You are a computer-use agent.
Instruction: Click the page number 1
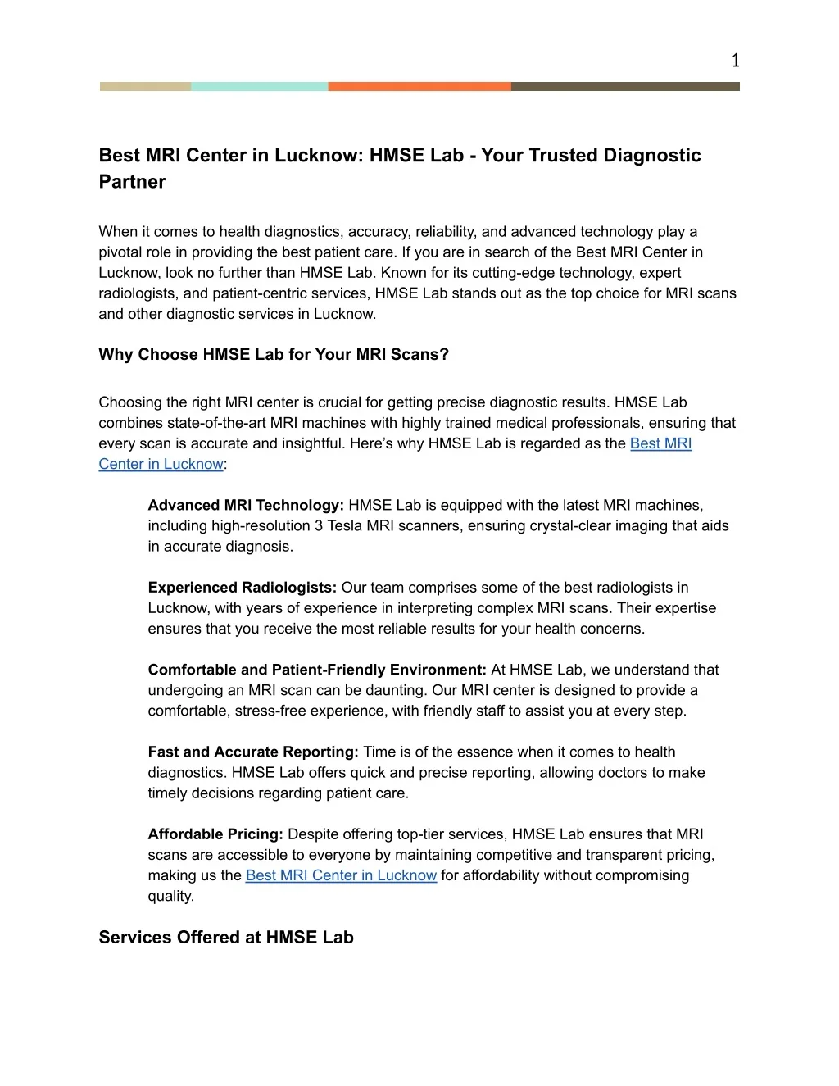click(x=735, y=61)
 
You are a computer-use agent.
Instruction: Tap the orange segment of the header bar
click(x=419, y=86)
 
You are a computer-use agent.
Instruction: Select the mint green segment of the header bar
click(x=259, y=86)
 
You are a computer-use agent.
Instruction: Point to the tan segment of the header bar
click(x=145, y=86)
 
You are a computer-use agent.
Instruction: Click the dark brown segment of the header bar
click(x=625, y=86)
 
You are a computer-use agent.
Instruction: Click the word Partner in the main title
click(x=132, y=182)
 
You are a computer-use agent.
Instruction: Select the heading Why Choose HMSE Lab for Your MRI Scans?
click(x=274, y=355)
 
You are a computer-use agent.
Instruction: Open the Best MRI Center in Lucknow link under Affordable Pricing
click(x=341, y=875)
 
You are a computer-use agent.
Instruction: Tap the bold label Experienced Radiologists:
click(x=243, y=588)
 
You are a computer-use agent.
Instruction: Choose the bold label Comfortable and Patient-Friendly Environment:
click(x=317, y=670)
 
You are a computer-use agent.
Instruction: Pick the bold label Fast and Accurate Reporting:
click(x=253, y=752)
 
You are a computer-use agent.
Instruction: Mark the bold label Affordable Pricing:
click(x=215, y=834)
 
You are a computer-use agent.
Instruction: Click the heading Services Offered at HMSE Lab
click(x=226, y=938)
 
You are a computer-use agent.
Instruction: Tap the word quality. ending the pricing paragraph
click(x=171, y=896)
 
